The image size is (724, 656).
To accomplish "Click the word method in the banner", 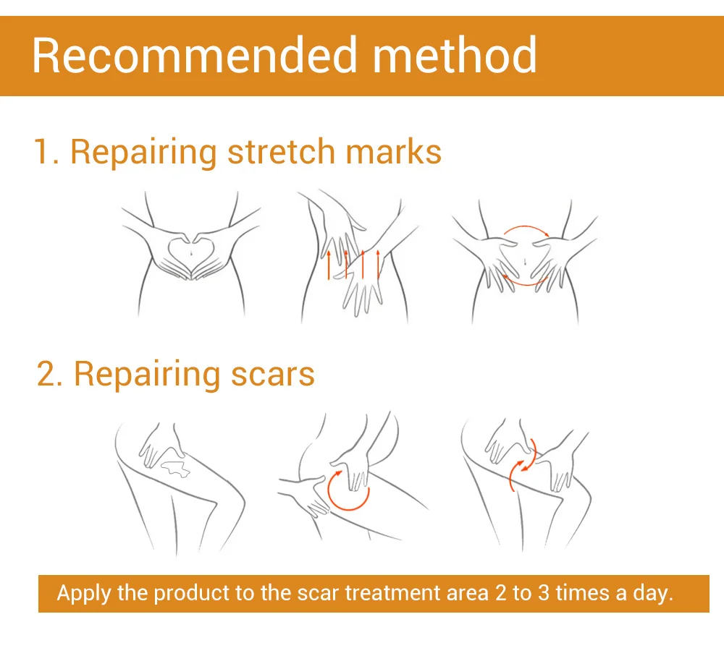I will [455, 55].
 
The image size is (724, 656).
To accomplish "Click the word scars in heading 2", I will [273, 374].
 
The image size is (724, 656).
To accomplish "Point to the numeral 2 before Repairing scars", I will [48, 375].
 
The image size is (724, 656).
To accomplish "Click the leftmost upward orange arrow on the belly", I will [329, 265].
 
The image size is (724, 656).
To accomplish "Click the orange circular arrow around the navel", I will [525, 257].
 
